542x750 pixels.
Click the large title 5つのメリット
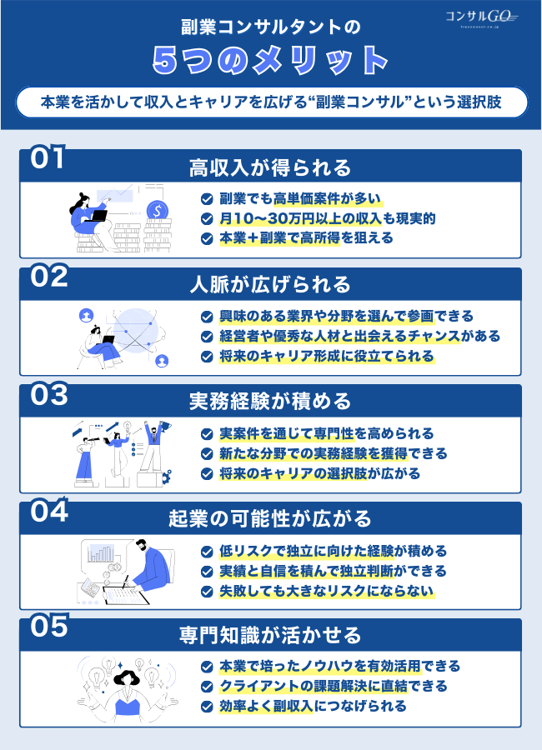tap(271, 60)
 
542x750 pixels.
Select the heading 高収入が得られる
tap(271, 167)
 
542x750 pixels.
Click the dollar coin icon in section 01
tap(155, 209)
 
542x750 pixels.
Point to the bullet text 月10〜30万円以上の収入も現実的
tap(327, 218)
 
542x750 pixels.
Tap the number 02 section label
tap(48, 277)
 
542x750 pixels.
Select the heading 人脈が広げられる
tap(271, 284)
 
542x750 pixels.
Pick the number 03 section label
tap(48, 394)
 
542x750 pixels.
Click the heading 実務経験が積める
tap(271, 402)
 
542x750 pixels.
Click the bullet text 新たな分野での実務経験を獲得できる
tap(334, 453)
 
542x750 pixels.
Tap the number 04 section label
tap(48, 512)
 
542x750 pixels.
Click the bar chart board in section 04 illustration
tap(103, 555)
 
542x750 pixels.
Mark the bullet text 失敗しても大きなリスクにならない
tap(327, 591)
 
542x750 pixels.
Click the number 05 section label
tap(48, 628)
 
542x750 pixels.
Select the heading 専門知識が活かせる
tap(271, 636)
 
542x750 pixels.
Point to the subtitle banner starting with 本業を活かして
tap(271, 102)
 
